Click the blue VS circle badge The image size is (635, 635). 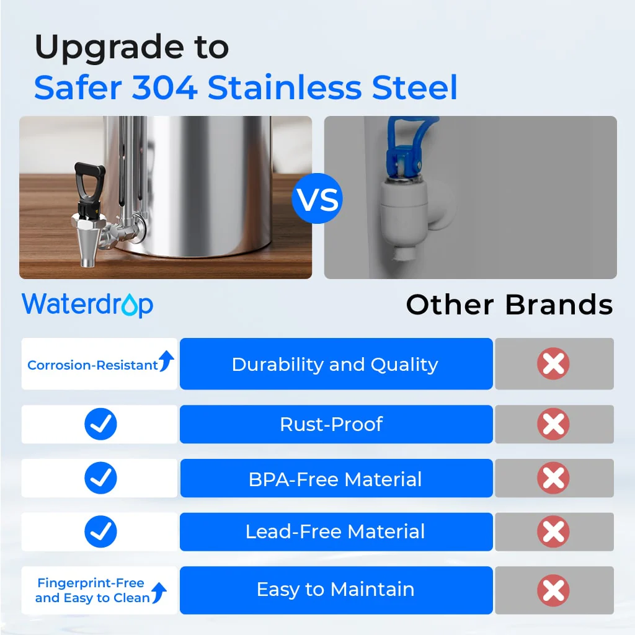tap(317, 198)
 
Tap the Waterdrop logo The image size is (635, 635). tap(87, 304)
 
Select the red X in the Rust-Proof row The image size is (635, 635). tap(553, 425)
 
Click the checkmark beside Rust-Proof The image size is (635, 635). tap(100, 425)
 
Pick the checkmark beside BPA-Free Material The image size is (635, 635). tap(100, 478)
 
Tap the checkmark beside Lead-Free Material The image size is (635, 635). tap(100, 531)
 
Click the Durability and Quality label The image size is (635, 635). tap(335, 365)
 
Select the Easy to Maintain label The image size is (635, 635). tap(335, 589)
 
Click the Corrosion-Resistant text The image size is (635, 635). tap(92, 365)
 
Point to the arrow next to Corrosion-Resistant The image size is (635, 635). tap(166, 361)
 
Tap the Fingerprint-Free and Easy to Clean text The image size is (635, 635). tap(92, 590)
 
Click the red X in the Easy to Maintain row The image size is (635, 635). tap(553, 590)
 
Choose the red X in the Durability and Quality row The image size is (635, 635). tap(553, 365)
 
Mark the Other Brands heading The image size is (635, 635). tap(509, 304)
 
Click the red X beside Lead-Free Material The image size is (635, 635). tap(553, 531)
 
